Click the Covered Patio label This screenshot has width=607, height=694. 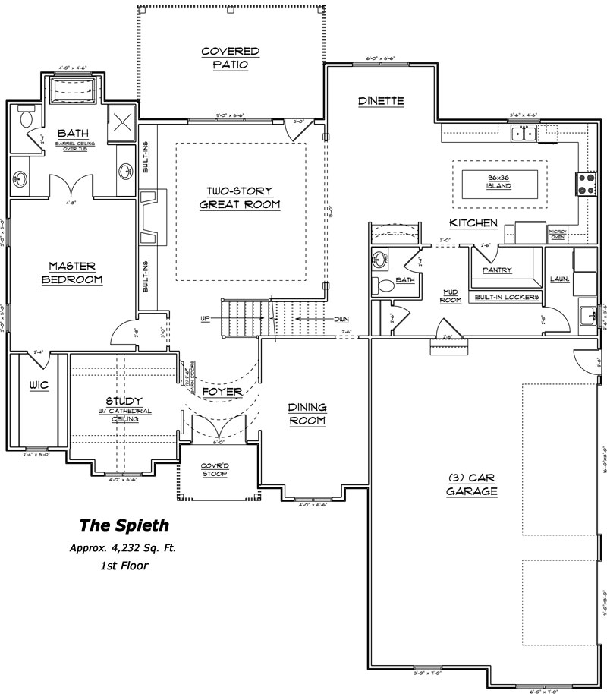point(231,58)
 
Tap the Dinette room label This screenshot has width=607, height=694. point(381,101)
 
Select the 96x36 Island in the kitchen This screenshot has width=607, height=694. point(499,181)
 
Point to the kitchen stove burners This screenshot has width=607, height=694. point(587,183)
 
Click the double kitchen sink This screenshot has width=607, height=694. point(525,134)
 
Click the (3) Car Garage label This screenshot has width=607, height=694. point(472,484)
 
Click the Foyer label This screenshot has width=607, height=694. point(222,392)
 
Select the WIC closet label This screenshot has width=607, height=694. point(39,385)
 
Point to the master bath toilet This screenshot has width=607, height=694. point(27,118)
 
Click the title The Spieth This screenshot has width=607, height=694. point(124,524)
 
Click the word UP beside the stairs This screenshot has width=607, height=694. point(205,319)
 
